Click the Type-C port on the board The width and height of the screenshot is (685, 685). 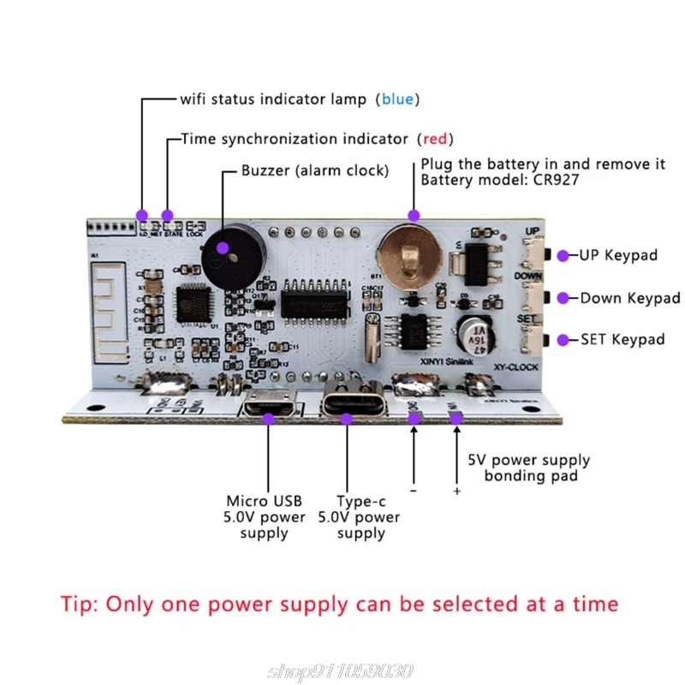(x=348, y=405)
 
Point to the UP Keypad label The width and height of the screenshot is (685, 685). (x=619, y=255)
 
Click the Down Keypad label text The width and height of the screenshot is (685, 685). (x=630, y=298)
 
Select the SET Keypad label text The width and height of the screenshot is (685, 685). (x=622, y=340)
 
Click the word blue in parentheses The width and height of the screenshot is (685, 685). (x=397, y=99)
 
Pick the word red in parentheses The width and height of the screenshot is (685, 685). (x=434, y=139)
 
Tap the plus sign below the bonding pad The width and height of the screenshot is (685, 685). (x=456, y=491)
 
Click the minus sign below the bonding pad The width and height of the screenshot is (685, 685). (x=414, y=491)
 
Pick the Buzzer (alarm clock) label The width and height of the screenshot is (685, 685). (x=314, y=171)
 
